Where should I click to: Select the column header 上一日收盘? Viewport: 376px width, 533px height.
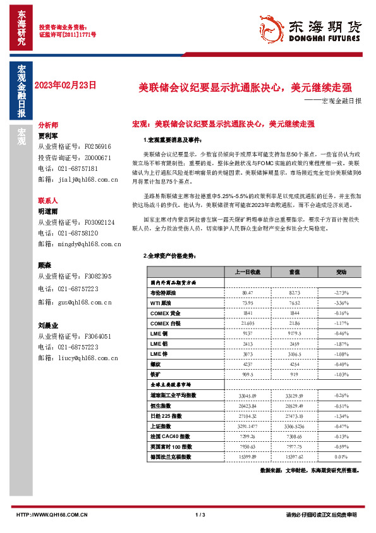click(248, 272)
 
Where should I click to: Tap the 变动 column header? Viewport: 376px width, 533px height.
click(341, 272)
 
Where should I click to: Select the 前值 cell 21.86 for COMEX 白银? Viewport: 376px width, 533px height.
click(294, 323)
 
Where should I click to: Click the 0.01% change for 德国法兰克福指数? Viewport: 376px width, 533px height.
click(341, 456)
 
